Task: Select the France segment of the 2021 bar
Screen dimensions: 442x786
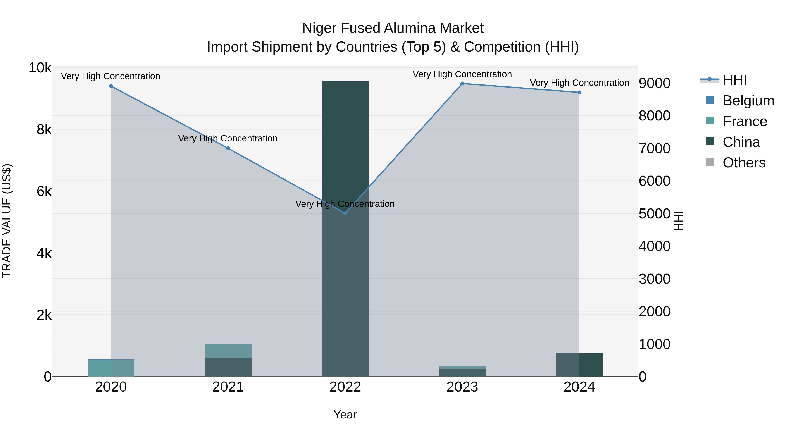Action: [228, 351]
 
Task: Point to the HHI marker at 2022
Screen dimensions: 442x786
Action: [345, 213]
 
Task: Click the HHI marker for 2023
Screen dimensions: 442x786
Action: [462, 84]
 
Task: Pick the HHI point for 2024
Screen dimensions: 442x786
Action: [579, 92]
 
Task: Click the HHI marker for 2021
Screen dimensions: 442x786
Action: [228, 148]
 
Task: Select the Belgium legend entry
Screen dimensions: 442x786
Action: [748, 101]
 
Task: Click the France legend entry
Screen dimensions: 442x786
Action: [745, 121]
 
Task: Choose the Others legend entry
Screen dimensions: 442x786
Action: [744, 163]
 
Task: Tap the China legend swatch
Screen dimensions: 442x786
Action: [710, 141]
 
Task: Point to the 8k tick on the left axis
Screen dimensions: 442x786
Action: [44, 130]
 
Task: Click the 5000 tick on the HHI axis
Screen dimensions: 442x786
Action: [655, 213]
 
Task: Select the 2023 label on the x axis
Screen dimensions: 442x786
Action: [462, 387]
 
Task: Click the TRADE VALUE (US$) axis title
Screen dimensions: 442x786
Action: [7, 221]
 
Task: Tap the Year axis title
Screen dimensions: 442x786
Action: [345, 414]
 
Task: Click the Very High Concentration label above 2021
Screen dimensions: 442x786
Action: [228, 138]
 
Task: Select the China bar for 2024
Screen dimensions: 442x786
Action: [579, 365]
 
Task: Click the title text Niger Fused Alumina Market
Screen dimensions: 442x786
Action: [393, 28]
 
